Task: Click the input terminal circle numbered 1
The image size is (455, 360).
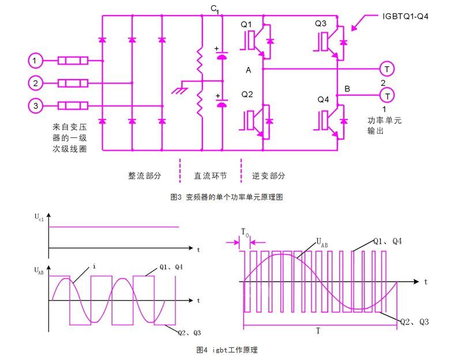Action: coord(36,60)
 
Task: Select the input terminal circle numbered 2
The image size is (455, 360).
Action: coord(36,83)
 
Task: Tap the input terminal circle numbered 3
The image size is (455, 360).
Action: coord(36,106)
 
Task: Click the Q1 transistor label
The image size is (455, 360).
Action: coord(246,24)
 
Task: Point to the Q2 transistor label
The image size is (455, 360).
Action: coord(247,95)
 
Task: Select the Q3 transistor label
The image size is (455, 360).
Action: coord(321,24)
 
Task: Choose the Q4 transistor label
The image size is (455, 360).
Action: coord(323,99)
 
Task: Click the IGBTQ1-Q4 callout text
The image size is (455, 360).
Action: coord(405,17)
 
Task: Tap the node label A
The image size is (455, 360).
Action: coord(249,70)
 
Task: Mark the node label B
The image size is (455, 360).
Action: coord(347,88)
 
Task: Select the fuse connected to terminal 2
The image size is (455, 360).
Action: coord(73,83)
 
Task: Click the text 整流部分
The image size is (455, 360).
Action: coord(145,175)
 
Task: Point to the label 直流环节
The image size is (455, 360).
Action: coord(210,175)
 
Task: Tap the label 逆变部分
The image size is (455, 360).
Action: coord(269,175)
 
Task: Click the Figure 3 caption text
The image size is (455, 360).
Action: coord(227,197)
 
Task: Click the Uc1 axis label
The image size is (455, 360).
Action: coord(39,218)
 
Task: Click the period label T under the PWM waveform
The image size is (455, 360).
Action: coord(318,331)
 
